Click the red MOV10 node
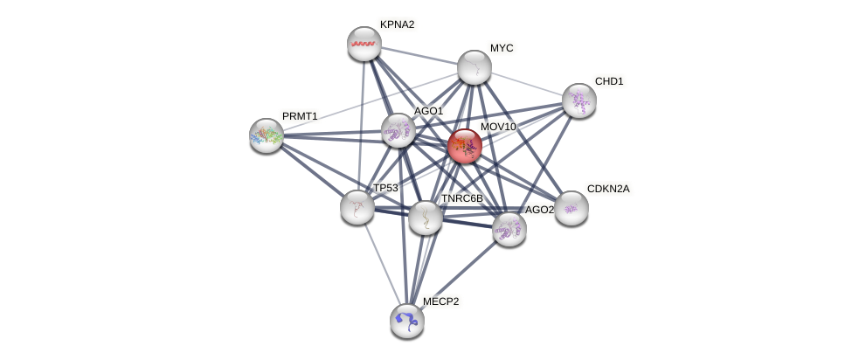(x=464, y=146)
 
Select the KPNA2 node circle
(x=364, y=44)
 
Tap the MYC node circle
(x=474, y=67)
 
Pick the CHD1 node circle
(x=578, y=100)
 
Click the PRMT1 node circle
(x=267, y=135)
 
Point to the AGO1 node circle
(x=398, y=130)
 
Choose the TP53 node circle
(x=357, y=207)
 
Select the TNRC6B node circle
(x=426, y=218)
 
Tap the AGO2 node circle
(x=509, y=229)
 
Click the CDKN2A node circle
(x=571, y=208)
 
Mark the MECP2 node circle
(x=407, y=320)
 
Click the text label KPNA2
(x=397, y=24)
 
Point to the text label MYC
(x=502, y=48)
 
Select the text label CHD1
(x=609, y=81)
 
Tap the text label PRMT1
(x=300, y=116)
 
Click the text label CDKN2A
(x=607, y=189)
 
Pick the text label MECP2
(x=440, y=301)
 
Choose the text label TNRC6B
(x=461, y=198)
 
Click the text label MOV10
(x=498, y=127)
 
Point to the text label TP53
(x=385, y=188)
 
